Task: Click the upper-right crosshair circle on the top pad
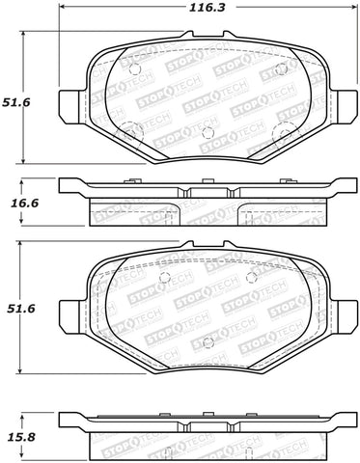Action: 281,70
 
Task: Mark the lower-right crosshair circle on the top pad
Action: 283,133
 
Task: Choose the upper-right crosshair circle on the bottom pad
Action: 251,278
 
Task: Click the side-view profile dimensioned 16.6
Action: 208,198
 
